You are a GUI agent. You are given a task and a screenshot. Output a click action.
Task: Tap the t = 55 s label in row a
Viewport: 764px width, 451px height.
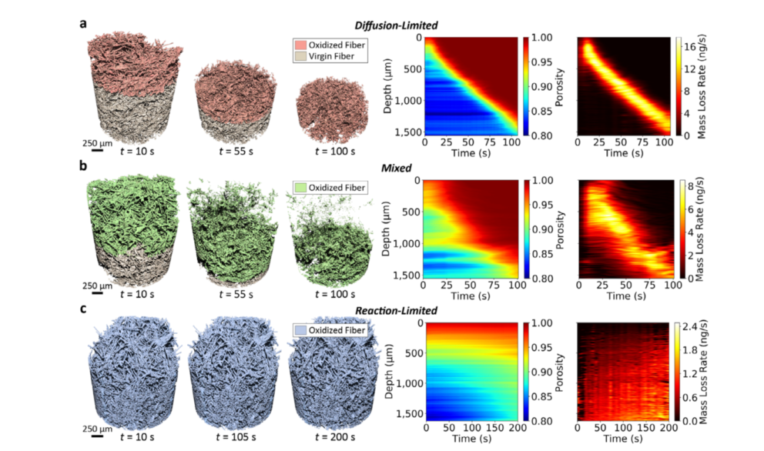226,151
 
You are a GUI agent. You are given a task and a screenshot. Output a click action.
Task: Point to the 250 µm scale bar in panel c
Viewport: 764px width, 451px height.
99,436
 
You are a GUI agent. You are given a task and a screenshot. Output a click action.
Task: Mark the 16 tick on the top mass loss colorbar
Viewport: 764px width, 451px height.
692,46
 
